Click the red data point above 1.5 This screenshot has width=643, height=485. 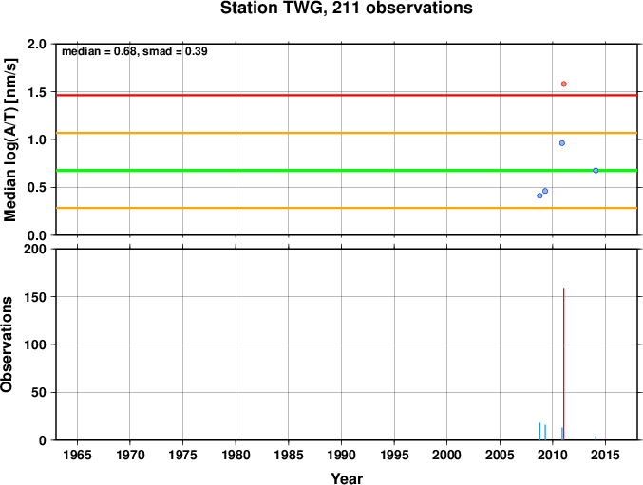click(x=564, y=84)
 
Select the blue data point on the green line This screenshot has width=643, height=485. click(x=596, y=171)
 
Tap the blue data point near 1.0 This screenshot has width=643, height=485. click(x=562, y=143)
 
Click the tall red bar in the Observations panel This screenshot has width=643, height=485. click(x=564, y=364)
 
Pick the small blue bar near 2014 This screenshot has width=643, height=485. click(x=596, y=438)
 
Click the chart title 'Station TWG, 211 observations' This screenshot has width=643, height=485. click(x=347, y=9)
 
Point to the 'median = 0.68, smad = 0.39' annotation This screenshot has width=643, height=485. click(x=135, y=51)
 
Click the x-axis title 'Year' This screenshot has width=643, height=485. click(x=347, y=478)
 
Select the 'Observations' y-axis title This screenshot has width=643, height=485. click(x=7, y=345)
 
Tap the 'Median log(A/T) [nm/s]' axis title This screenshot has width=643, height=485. click(x=10, y=140)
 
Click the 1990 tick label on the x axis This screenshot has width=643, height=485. click(x=341, y=455)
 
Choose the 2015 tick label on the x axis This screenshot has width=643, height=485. click(x=605, y=455)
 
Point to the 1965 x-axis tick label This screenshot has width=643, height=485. click(x=77, y=455)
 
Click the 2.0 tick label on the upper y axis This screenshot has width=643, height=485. click(x=37, y=44)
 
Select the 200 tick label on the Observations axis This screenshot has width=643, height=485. click(x=35, y=249)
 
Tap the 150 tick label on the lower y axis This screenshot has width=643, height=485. click(x=35, y=297)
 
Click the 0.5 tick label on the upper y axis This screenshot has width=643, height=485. click(x=37, y=188)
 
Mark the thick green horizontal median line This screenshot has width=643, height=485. click(x=347, y=171)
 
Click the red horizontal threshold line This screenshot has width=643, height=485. click(x=347, y=95)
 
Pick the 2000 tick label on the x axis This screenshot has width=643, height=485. click(x=447, y=455)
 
